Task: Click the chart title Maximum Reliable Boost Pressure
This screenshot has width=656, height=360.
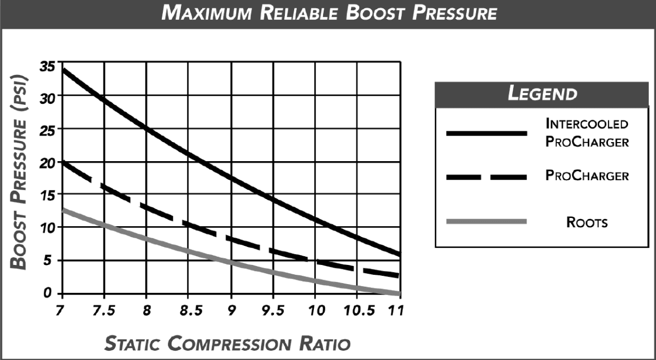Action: pos(329,13)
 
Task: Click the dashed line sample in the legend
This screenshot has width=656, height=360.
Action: pos(486,176)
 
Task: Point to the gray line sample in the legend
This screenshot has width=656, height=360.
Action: pos(486,221)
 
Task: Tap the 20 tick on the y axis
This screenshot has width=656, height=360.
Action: pos(48,162)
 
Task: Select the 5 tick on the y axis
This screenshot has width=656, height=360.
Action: pos(51,261)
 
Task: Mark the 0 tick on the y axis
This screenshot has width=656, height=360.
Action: pos(51,293)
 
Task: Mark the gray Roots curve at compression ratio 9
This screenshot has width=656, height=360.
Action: pos(231,262)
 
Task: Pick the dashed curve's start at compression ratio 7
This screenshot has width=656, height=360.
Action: pos(62,162)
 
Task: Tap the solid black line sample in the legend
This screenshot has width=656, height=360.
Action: pos(486,133)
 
